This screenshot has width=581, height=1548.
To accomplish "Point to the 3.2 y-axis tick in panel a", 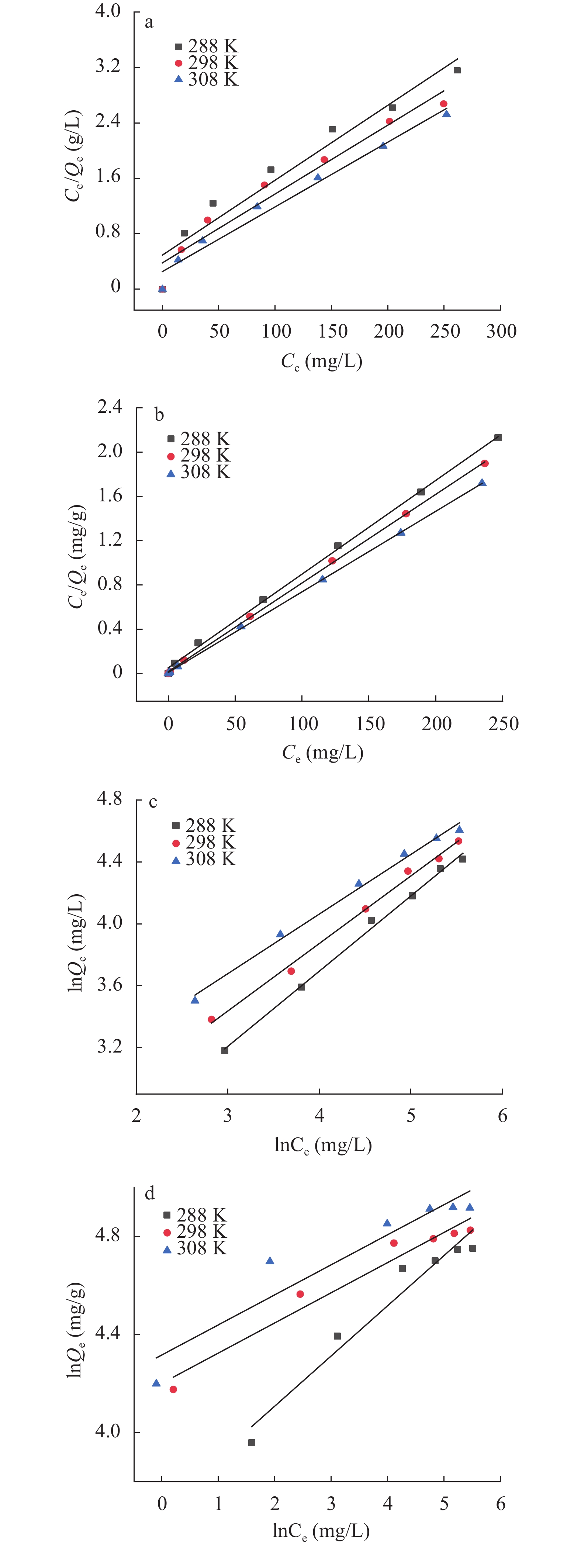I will click(x=108, y=66).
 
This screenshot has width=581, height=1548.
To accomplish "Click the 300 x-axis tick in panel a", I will click(x=501, y=331).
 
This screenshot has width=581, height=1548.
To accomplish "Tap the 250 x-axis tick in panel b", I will click(x=503, y=723).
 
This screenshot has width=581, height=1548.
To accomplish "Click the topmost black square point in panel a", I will click(x=457, y=70).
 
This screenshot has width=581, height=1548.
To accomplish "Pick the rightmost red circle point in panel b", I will click(x=485, y=463).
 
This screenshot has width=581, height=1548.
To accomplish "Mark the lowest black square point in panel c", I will click(x=225, y=1050).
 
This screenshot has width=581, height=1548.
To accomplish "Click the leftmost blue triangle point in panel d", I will click(x=156, y=1383).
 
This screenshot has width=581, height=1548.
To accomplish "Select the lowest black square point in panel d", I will click(x=252, y=1442).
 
